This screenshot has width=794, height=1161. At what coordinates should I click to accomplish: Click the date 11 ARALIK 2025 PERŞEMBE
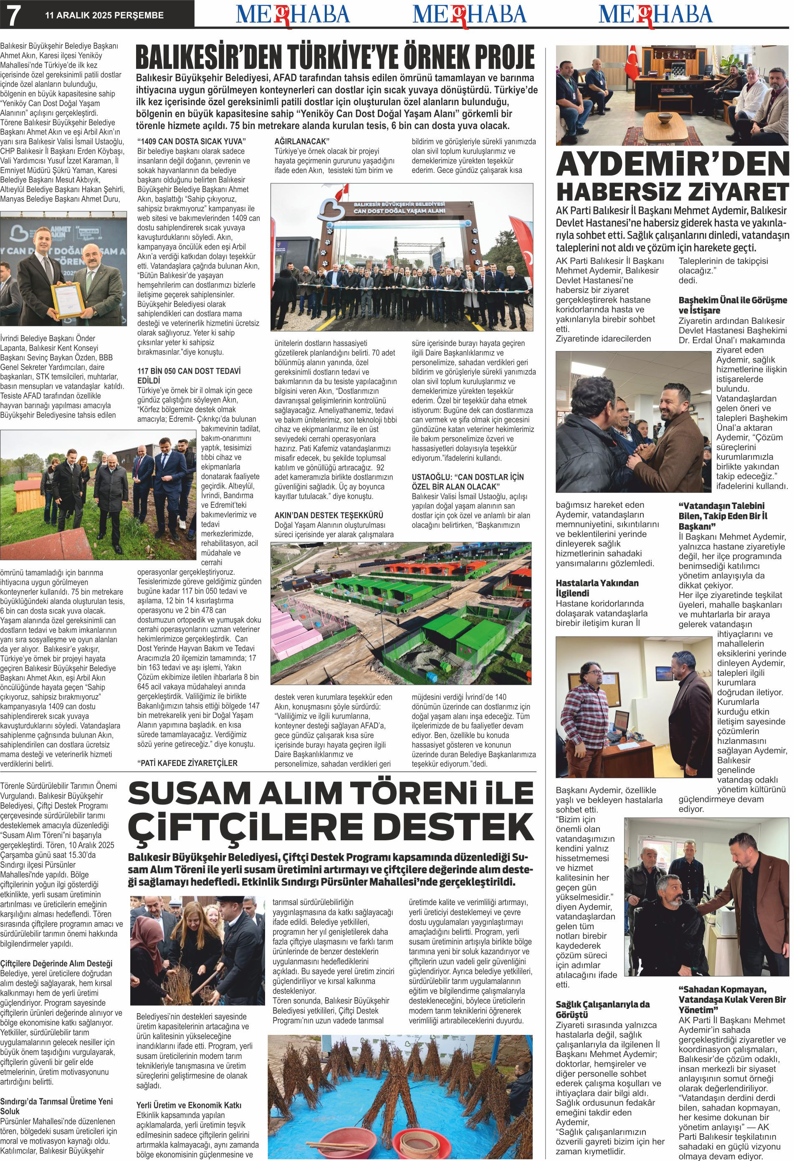pos(104,15)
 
